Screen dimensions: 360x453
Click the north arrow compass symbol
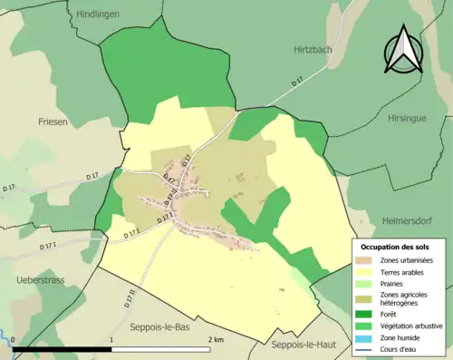404,50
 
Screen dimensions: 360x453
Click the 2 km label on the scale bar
216,339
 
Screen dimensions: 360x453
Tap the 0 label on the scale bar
14,339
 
